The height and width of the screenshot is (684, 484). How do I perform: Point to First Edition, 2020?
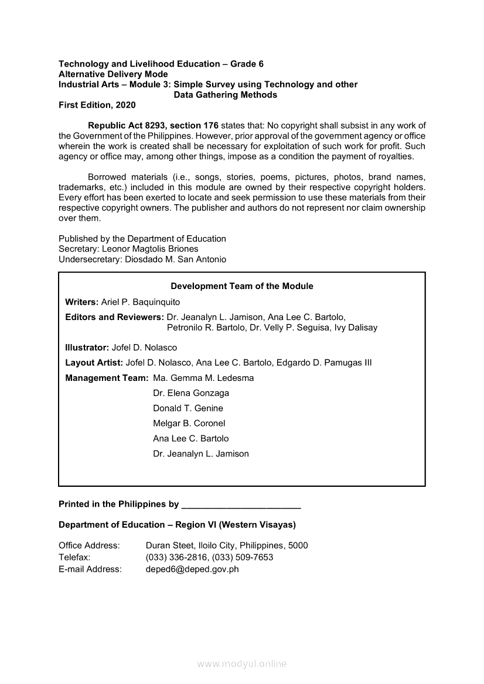pos(97,105)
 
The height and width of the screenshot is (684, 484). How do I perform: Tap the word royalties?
pos(394,156)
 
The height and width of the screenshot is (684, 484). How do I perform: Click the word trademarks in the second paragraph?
pos(80,187)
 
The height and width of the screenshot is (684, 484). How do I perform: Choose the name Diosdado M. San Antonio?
pos(176,259)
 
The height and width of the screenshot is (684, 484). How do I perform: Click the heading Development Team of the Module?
pos(241,286)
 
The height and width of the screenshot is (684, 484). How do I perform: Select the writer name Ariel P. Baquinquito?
pos(141,302)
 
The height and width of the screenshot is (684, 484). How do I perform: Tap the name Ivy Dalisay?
pos(356,328)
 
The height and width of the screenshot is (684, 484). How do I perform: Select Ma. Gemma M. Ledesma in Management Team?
pos(203,378)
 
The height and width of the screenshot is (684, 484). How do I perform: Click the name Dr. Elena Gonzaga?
pos(191,393)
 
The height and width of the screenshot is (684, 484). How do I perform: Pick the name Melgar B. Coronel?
pos(189,424)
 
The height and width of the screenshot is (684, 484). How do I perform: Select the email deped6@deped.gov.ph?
pos(192,569)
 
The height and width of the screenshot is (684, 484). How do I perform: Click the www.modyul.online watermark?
pos(242,664)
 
